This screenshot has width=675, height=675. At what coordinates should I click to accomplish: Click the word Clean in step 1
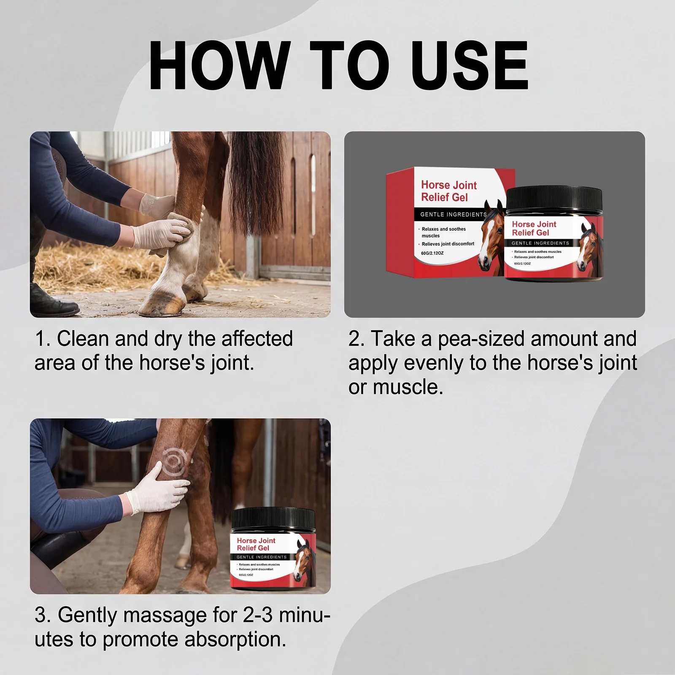(83, 339)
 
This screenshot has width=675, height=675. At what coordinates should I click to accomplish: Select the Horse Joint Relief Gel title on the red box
(449, 191)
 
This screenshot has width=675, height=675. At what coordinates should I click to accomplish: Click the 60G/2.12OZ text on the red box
(432, 253)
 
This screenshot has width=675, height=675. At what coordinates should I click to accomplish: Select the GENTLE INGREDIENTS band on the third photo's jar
(262, 557)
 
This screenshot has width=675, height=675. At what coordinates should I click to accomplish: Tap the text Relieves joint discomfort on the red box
(448, 244)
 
